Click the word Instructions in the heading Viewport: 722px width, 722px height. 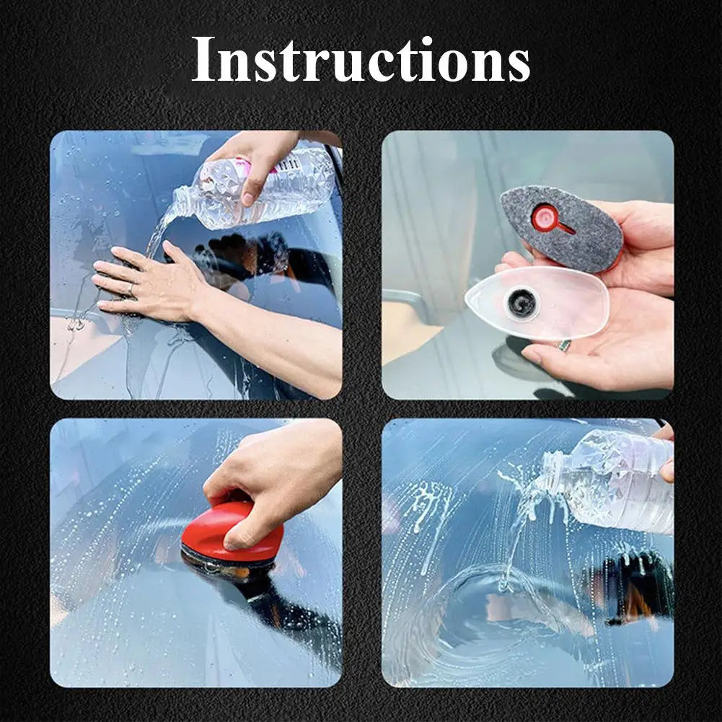[361, 59]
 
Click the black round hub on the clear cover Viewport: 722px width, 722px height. [521, 303]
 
